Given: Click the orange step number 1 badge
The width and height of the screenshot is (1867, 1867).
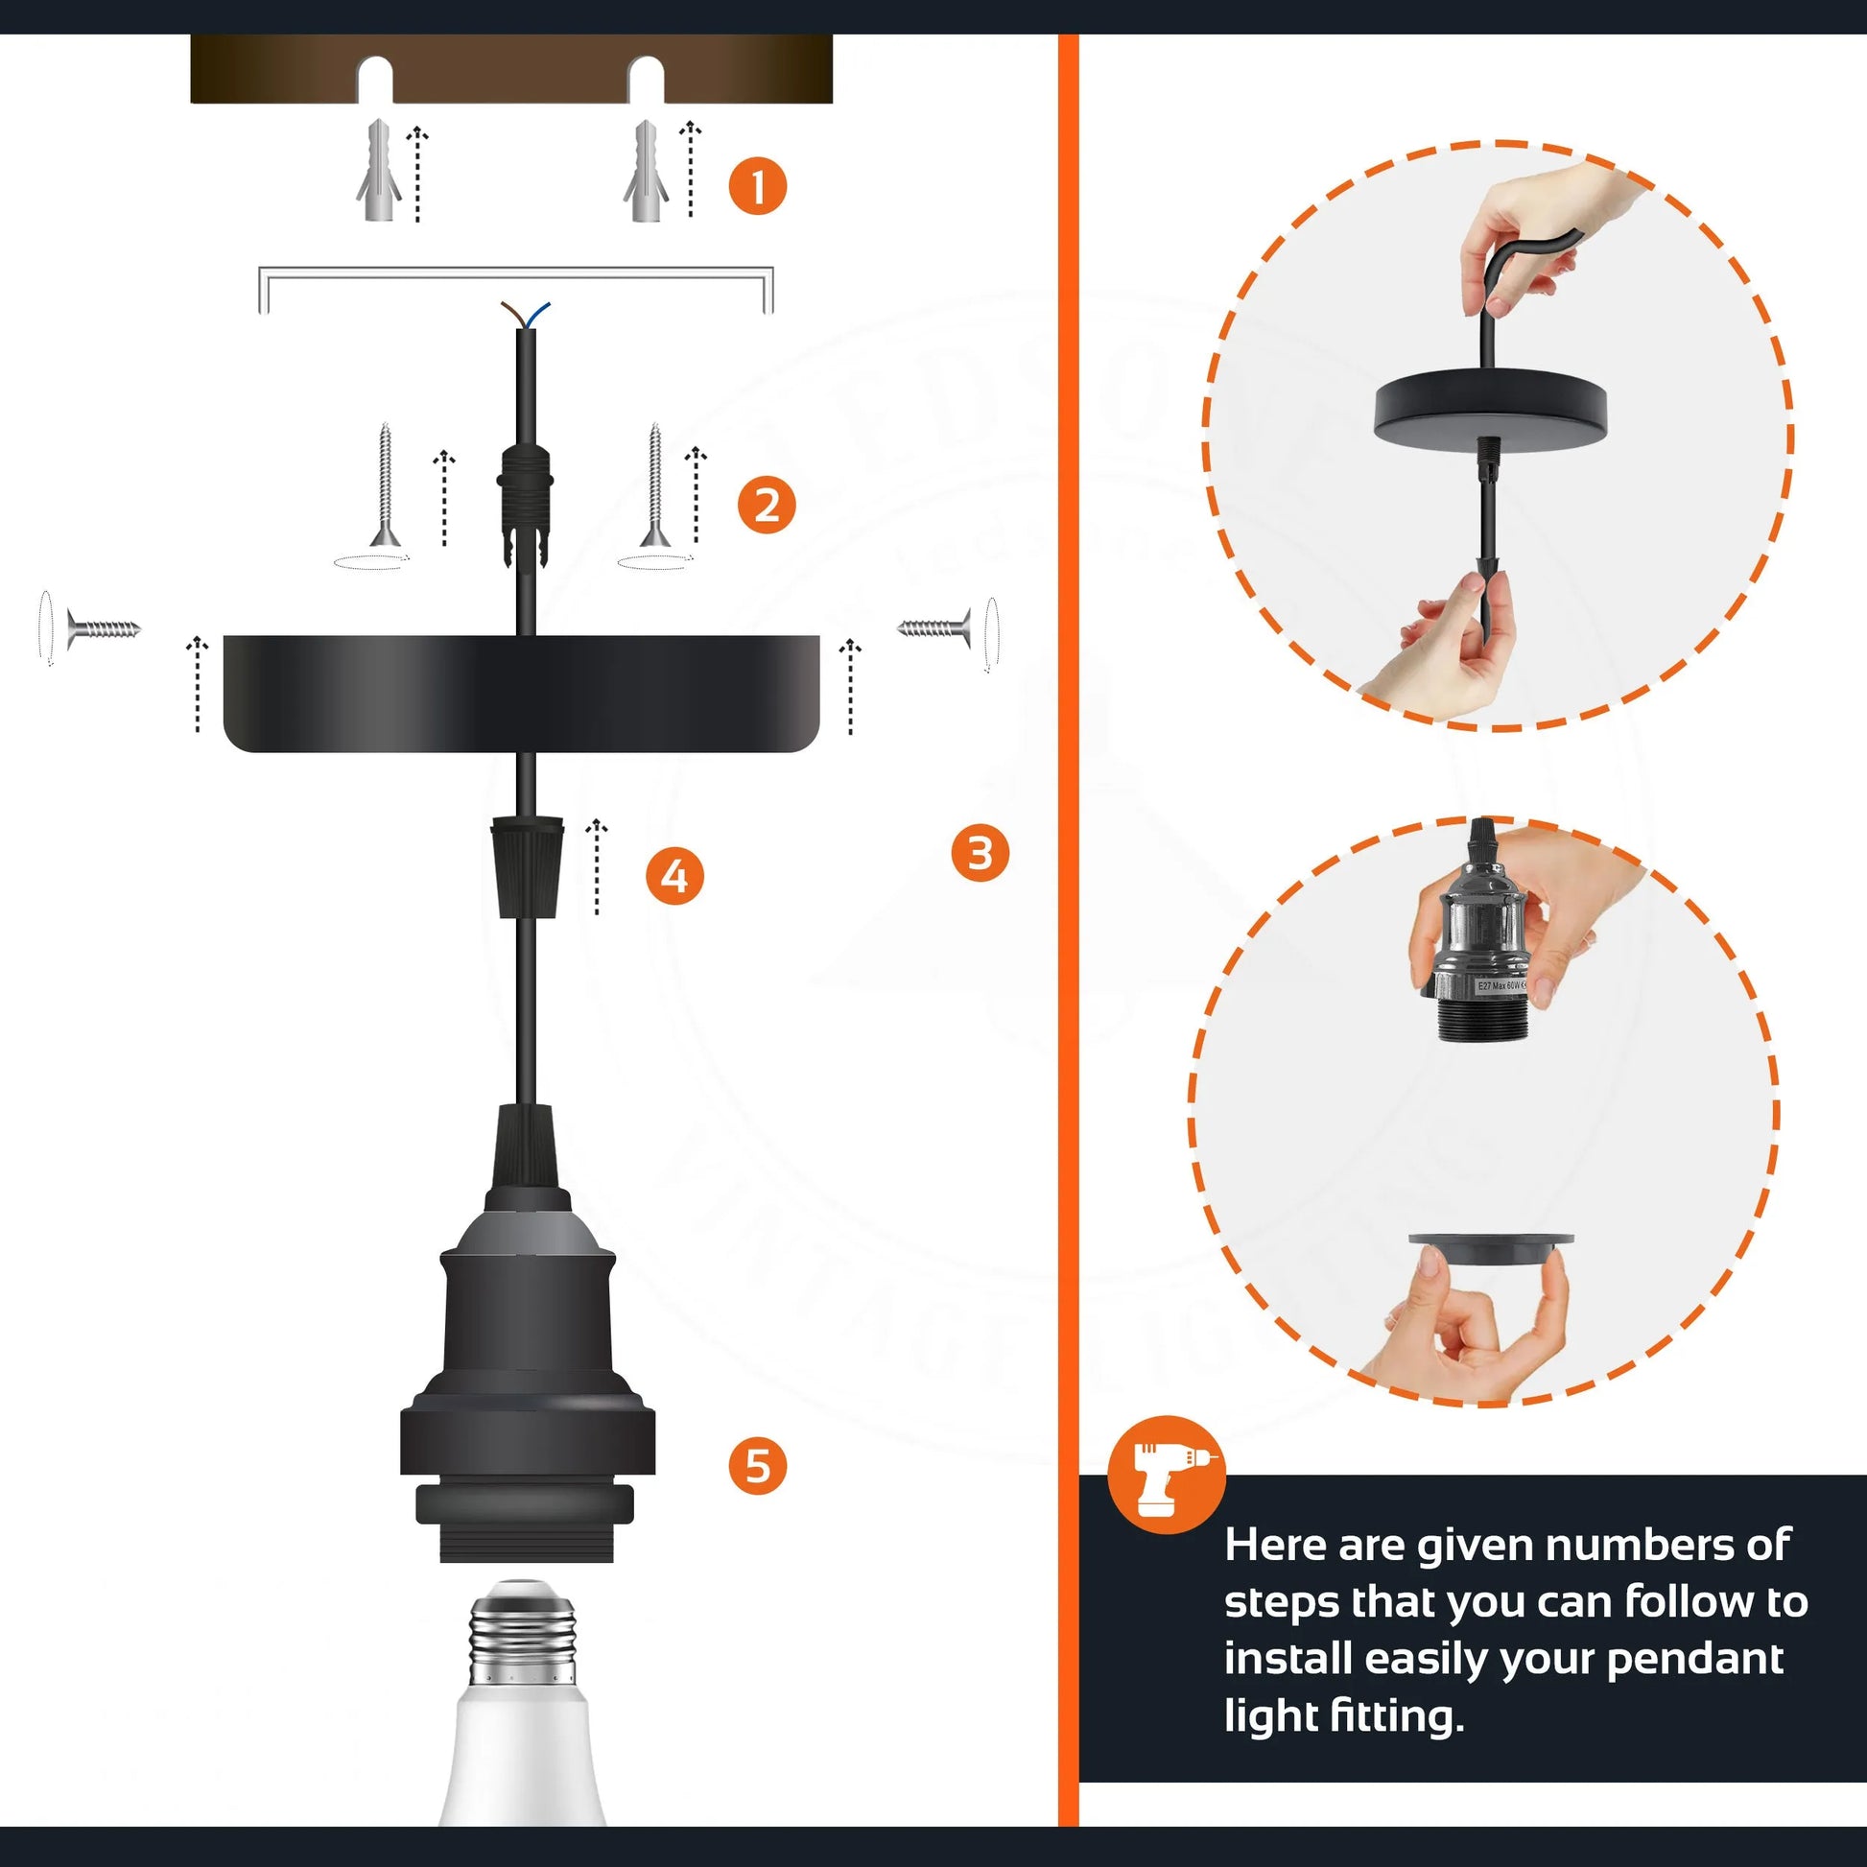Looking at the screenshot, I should point(757,185).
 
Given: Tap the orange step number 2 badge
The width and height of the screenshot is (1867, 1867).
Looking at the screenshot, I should point(767,505).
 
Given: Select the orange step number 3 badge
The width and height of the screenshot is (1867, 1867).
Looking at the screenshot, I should point(980,852).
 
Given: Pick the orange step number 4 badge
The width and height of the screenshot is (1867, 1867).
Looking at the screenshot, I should point(674,877).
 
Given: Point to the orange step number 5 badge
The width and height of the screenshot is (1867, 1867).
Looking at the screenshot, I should point(758,1465).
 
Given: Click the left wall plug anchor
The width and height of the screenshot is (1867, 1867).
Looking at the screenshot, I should point(378,172).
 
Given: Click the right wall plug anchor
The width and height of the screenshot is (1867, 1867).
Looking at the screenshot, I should point(646,172).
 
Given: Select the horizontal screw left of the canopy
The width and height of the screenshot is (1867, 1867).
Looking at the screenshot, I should point(103,629).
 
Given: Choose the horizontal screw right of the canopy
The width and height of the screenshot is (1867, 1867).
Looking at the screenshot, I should point(934,629).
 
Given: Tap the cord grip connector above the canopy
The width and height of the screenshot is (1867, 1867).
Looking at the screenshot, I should point(525,503).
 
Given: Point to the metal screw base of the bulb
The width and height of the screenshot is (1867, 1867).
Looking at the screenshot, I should point(522,1642).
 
